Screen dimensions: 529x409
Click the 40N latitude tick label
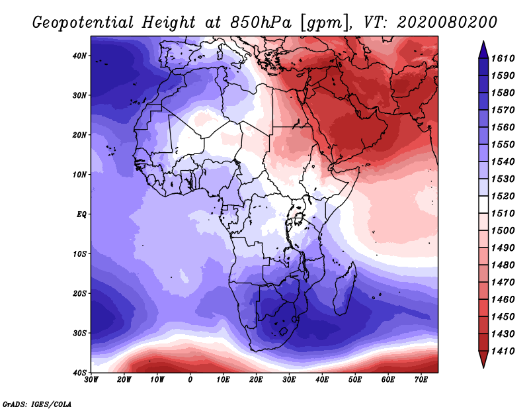point(79,56)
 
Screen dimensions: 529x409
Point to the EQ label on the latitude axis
point(81,214)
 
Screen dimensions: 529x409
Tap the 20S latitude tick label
point(79,293)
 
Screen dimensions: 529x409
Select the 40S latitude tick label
point(79,373)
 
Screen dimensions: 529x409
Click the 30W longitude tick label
point(91,380)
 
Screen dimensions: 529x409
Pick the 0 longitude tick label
point(190,380)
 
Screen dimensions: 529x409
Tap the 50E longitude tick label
point(355,380)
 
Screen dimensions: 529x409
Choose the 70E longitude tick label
point(421,380)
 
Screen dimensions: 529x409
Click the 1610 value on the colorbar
point(503,58)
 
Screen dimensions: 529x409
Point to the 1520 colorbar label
point(503,196)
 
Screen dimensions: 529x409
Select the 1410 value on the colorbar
point(503,351)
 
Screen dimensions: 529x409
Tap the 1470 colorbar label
point(503,283)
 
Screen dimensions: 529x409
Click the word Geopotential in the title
point(83,23)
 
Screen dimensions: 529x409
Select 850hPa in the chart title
point(261,23)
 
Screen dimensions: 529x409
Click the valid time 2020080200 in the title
point(447,23)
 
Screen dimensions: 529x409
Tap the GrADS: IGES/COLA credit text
point(37,404)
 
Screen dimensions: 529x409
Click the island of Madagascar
point(345,288)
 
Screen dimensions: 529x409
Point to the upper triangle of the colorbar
point(483,50)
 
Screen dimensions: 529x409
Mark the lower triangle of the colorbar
point(483,359)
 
